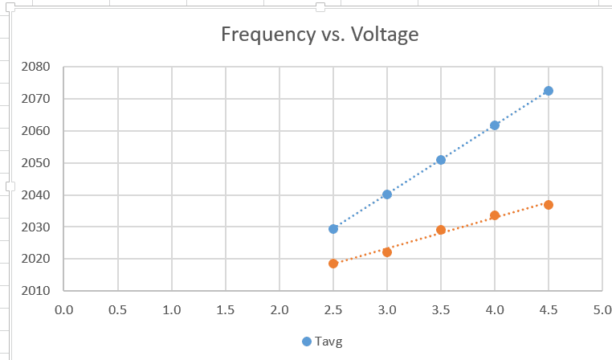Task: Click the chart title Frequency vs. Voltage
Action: click(320, 35)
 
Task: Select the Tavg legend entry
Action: click(323, 342)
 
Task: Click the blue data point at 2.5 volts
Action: click(333, 229)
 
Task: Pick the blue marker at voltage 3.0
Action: click(387, 194)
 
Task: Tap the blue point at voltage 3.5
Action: click(441, 160)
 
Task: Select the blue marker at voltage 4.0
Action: click(495, 125)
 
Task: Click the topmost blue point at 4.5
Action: click(549, 91)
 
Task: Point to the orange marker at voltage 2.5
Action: click(333, 264)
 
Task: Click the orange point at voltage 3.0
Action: click(387, 252)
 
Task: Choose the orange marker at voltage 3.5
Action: click(441, 230)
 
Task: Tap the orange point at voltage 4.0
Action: click(495, 215)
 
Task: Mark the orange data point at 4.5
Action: click(549, 205)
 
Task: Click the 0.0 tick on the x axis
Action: click(63, 309)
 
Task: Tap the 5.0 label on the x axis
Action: click(602, 309)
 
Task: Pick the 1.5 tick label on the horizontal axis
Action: click(225, 309)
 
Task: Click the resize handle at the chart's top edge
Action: click(320, 7)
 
